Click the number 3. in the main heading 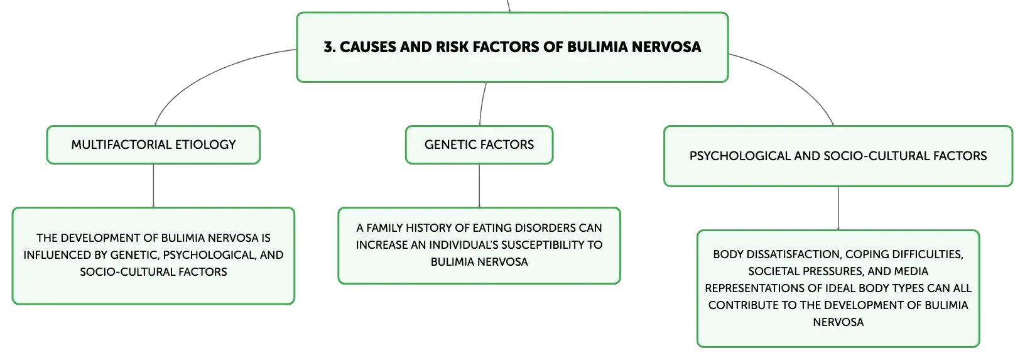[x=330, y=46]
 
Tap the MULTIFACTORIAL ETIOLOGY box [x=153, y=145]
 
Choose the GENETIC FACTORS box [x=479, y=145]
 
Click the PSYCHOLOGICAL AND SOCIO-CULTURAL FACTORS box [x=838, y=156]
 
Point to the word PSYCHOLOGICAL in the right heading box [x=740, y=156]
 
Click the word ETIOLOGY [x=205, y=145]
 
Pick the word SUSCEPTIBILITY [x=538, y=244]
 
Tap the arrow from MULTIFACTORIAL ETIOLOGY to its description [x=153, y=185]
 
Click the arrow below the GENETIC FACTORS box [x=479, y=185]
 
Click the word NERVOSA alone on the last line [x=838, y=322]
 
